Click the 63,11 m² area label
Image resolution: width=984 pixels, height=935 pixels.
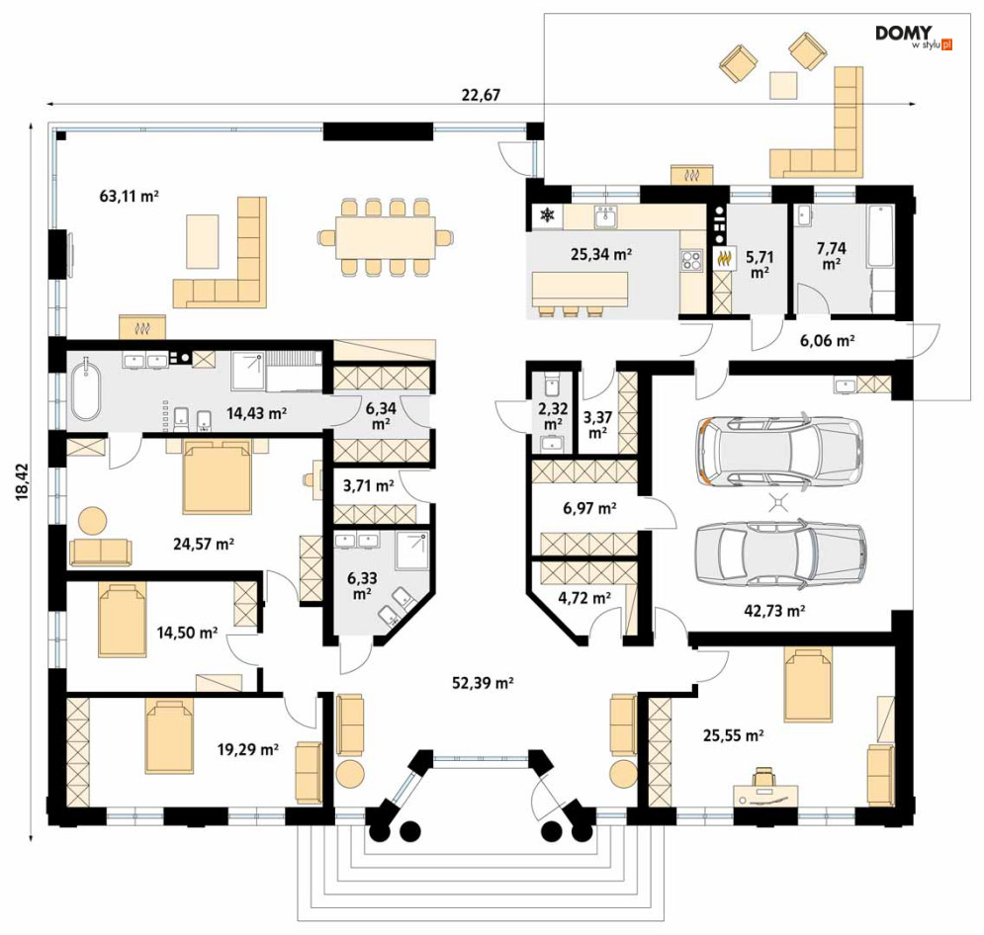click(x=129, y=197)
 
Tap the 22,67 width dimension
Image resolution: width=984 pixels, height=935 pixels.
click(x=481, y=95)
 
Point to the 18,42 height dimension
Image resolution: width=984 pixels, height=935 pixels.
click(x=23, y=481)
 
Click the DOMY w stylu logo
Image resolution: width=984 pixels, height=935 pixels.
click(x=914, y=37)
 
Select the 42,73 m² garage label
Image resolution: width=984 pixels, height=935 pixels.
click(x=774, y=610)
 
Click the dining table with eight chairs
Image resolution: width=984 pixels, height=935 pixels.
click(x=386, y=237)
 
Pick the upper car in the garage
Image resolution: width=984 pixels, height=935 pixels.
click(x=779, y=450)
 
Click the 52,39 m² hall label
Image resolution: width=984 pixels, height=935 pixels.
click(x=483, y=683)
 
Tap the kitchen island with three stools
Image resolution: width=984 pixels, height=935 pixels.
click(x=579, y=293)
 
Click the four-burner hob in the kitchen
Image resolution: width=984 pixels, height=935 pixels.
click(x=692, y=260)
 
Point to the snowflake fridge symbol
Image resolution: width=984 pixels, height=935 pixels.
click(x=548, y=216)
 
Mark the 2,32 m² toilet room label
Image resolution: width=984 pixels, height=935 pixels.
click(x=553, y=416)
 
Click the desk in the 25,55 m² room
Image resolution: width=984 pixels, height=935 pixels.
click(x=766, y=794)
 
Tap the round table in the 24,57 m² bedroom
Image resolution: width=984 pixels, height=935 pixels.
click(x=93, y=521)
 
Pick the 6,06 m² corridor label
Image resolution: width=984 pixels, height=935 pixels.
click(x=827, y=341)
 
